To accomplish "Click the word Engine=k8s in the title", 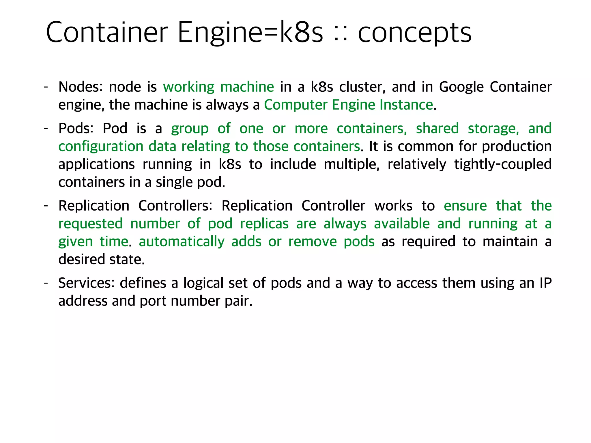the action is pos(250,32).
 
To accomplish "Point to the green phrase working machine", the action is pos(218,87).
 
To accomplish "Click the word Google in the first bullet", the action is pos(461,87).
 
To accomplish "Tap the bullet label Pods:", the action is pos(76,128).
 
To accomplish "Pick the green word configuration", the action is pos(101,146).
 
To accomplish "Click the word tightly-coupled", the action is pos(503,164).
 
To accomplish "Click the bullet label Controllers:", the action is pos(175,206).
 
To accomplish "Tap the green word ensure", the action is pos(465,206).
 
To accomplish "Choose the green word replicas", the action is pos(264,224).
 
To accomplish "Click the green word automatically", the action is pos(182,241).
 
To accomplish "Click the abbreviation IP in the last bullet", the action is pos(545,283).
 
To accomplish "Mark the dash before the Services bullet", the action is pos(46,283).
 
